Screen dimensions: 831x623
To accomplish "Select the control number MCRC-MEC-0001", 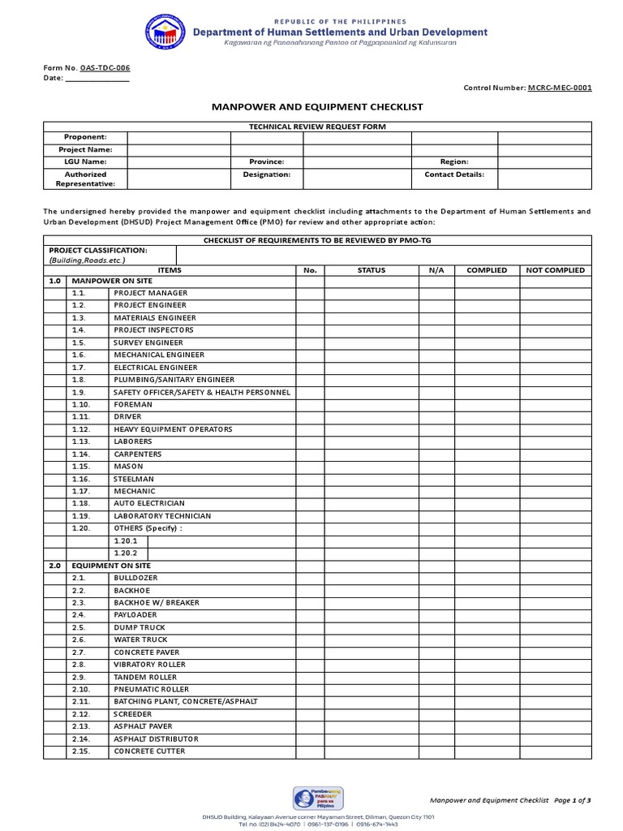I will pyautogui.click(x=560, y=88).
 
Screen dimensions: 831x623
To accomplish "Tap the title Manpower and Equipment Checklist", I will pyautogui.click(x=317, y=107).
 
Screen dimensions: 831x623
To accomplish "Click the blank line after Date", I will pyautogui.click(x=97, y=79).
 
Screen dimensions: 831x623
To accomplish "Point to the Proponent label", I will pyautogui.click(x=85, y=138).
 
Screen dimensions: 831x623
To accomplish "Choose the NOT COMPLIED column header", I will pyautogui.click(x=555, y=270).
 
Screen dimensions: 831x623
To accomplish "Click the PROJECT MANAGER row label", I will pyautogui.click(x=151, y=293).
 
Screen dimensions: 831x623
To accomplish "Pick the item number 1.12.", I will pyautogui.click(x=80, y=429).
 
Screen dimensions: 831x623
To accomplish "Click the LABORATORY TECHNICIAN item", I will pyautogui.click(x=162, y=516).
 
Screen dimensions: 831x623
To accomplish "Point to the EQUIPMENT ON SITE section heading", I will pyautogui.click(x=111, y=566).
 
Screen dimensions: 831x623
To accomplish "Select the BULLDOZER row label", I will pyautogui.click(x=136, y=578).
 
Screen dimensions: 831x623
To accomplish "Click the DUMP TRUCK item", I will pyautogui.click(x=140, y=627).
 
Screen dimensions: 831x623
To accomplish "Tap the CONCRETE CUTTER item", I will pyautogui.click(x=149, y=751).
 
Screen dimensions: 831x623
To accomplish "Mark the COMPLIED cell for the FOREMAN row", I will pyautogui.click(x=487, y=404).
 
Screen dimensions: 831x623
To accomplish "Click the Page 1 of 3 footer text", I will pyautogui.click(x=574, y=800).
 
